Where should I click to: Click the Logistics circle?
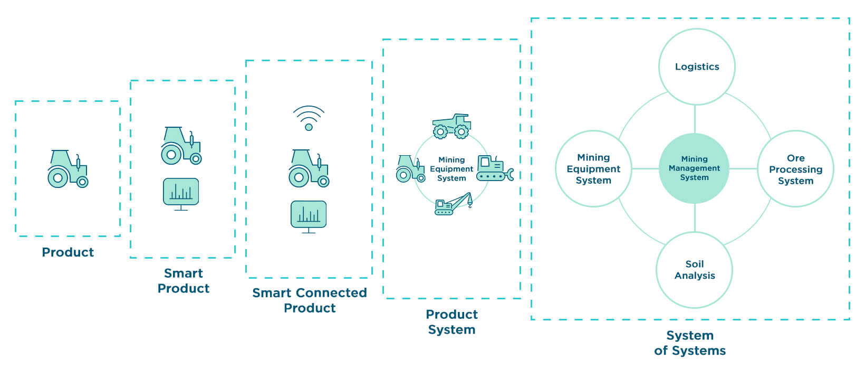pyautogui.click(x=696, y=67)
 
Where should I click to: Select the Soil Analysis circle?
pyautogui.click(x=694, y=270)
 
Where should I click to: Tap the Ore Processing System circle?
pyautogui.click(x=795, y=169)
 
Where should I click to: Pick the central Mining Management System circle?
pyautogui.click(x=694, y=168)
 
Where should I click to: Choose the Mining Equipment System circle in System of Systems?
pyautogui.click(x=593, y=169)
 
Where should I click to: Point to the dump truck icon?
pyautogui.click(x=451, y=126)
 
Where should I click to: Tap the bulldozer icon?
pyautogui.click(x=494, y=168)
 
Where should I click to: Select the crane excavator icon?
pyautogui.click(x=453, y=204)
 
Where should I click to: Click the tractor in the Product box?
pyautogui.click(x=68, y=168)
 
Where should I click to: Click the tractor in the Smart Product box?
pyautogui.click(x=181, y=145)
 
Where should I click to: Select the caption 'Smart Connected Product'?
pyautogui.click(x=310, y=300)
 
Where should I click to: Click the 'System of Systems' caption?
pyautogui.click(x=689, y=343)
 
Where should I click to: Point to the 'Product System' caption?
pyautogui.click(x=451, y=321)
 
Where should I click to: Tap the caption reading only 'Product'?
pyautogui.click(x=68, y=252)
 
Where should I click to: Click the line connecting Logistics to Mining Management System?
pyautogui.click(x=695, y=119)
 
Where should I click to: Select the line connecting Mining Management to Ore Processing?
pyautogui.click(x=743, y=168)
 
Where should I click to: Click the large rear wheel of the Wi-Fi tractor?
pyautogui.click(x=299, y=177)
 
